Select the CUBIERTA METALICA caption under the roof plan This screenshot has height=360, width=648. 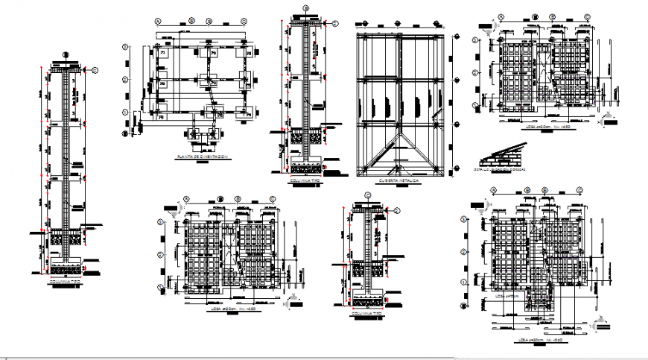[x=398, y=180]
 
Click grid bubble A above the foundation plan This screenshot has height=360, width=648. [x=158, y=21]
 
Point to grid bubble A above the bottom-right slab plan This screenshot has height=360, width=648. [x=493, y=191]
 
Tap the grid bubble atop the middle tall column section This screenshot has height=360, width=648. [x=305, y=9]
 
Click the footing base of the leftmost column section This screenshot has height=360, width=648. [x=66, y=265]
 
